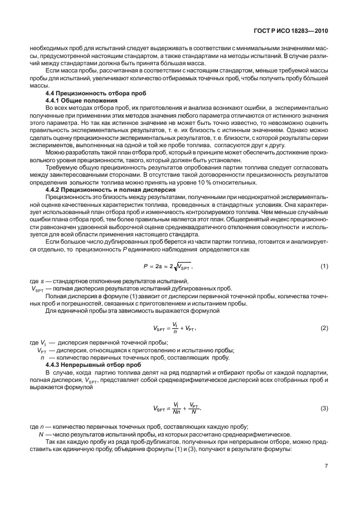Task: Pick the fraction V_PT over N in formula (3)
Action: [193, 408]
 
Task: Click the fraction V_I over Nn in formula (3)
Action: [175, 408]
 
